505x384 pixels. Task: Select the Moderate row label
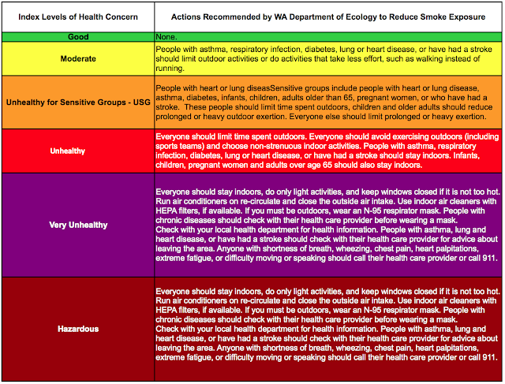coord(77,58)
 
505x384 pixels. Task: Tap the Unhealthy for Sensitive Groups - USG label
coord(77,103)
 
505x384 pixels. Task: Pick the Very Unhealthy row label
coord(77,225)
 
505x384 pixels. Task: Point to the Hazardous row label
coord(77,328)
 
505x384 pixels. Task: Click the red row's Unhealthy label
coord(77,150)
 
